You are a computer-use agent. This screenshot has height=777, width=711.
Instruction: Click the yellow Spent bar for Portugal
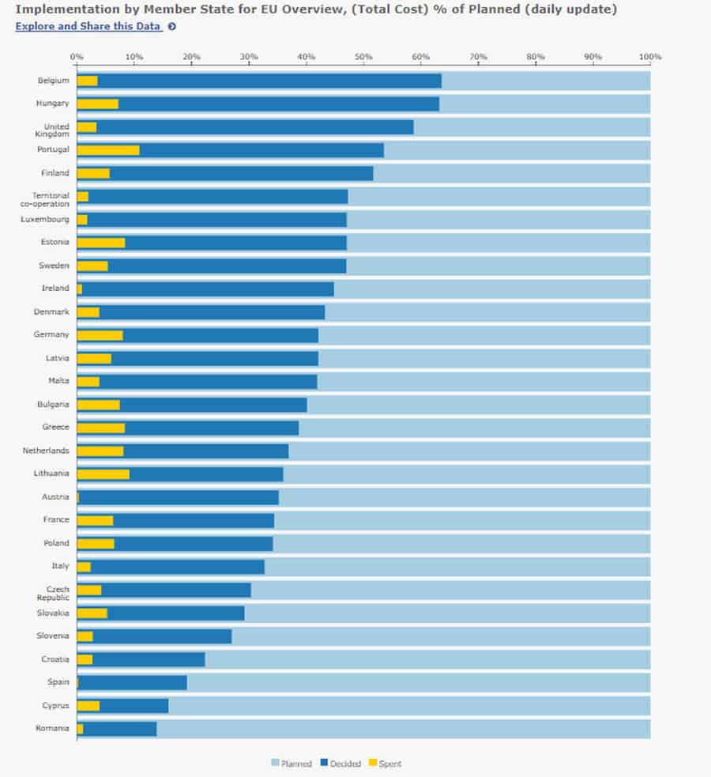click(108, 150)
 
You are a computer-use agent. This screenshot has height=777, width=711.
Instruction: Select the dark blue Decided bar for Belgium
click(269, 81)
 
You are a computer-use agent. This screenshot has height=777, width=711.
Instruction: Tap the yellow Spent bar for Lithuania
click(103, 474)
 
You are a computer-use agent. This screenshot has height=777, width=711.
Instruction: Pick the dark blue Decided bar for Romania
click(119, 729)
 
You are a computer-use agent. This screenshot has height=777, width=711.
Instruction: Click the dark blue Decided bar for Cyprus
click(134, 706)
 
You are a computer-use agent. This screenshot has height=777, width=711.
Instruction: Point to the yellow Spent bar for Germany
click(100, 335)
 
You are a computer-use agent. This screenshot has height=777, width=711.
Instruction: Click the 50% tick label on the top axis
click(363, 57)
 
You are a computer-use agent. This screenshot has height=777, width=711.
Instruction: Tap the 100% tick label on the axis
click(650, 57)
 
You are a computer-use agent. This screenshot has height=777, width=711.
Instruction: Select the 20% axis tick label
click(191, 57)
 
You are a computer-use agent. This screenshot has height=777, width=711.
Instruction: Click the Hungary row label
click(52, 104)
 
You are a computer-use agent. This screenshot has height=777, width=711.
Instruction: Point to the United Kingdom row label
click(56, 130)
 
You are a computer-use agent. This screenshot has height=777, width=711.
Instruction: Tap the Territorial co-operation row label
click(50, 200)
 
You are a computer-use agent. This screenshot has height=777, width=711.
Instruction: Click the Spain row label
click(58, 682)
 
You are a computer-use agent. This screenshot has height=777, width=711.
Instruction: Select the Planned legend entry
click(292, 764)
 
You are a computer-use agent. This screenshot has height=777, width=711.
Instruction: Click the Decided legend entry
click(340, 764)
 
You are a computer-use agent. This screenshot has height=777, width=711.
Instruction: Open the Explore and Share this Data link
click(88, 26)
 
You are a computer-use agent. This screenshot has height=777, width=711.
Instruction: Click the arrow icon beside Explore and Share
click(171, 27)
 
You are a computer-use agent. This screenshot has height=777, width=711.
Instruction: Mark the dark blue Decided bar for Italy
click(177, 567)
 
